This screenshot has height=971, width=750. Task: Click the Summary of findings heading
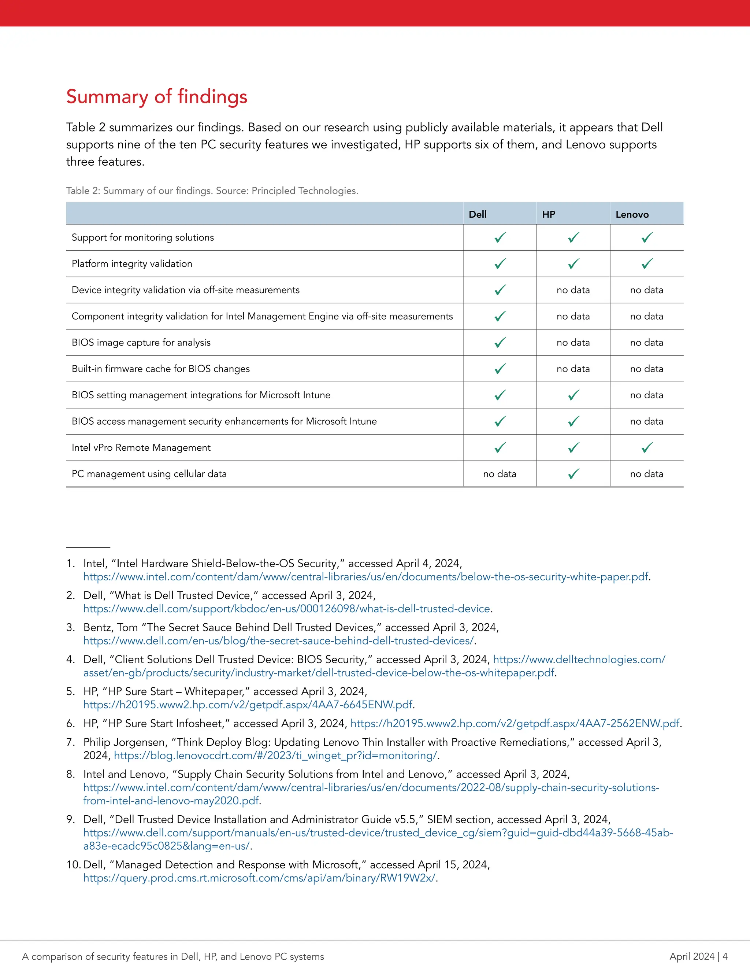click(156, 97)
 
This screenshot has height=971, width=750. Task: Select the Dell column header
click(478, 214)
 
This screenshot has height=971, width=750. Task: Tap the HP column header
click(549, 214)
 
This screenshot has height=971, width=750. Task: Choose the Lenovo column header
click(632, 214)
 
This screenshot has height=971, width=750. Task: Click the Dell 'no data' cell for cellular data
click(500, 474)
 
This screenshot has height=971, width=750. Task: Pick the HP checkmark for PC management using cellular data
click(573, 474)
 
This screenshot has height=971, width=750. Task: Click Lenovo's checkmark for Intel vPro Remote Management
click(647, 448)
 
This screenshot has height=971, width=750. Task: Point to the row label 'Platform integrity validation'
click(132, 264)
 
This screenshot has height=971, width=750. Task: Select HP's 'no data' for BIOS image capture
click(573, 342)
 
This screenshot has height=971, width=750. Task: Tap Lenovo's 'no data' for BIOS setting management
click(646, 395)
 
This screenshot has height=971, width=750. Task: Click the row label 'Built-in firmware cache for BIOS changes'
click(160, 369)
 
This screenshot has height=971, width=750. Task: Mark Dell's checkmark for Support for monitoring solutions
click(500, 237)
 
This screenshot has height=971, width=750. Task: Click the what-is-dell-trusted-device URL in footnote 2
click(287, 609)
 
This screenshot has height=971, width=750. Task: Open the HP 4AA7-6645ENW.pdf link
click(248, 705)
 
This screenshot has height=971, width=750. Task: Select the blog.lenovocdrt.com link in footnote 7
click(275, 756)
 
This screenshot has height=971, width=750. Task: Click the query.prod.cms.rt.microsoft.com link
click(260, 878)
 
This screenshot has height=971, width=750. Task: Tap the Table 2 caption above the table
click(212, 191)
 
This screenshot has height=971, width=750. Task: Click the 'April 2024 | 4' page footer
click(698, 956)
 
